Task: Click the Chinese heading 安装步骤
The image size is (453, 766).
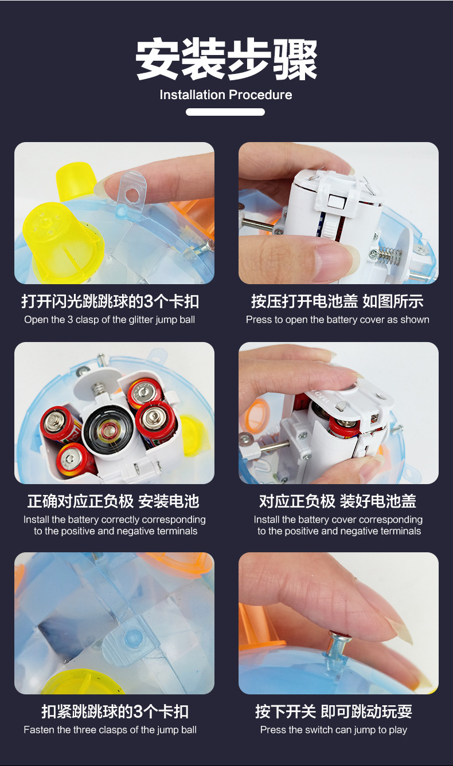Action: (x=226, y=60)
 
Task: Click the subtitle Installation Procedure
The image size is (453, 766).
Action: (x=226, y=95)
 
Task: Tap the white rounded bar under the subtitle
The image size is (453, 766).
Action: (x=225, y=112)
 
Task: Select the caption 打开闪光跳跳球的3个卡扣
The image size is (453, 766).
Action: (x=110, y=301)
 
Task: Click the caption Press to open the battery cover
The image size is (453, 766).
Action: (x=338, y=320)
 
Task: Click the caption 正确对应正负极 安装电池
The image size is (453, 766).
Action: (x=113, y=501)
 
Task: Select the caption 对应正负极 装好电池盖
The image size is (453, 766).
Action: (x=338, y=501)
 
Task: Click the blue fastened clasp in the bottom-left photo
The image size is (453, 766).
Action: (x=131, y=639)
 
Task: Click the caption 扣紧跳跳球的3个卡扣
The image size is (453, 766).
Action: (x=115, y=712)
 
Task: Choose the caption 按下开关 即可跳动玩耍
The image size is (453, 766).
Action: (x=334, y=712)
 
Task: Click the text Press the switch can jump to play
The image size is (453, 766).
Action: (x=334, y=730)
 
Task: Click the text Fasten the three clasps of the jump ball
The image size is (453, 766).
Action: (x=110, y=730)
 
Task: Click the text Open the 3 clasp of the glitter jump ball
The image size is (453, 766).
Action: (x=110, y=320)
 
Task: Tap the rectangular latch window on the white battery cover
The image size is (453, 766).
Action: (x=333, y=201)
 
